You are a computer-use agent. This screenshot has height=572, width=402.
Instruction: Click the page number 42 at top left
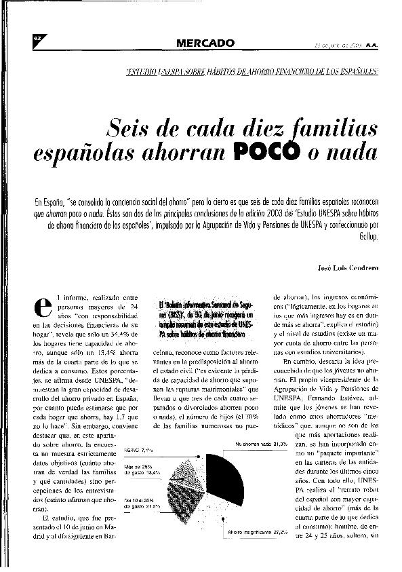click(x=38, y=39)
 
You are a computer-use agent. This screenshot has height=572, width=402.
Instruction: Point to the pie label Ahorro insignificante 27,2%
click(x=258, y=532)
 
